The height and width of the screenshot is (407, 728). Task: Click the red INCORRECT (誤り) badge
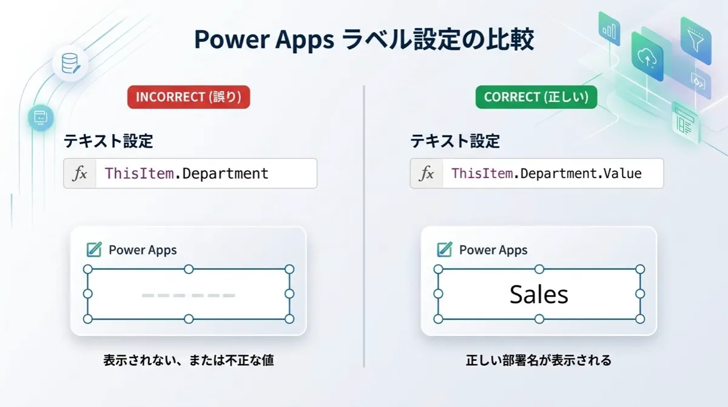click(x=189, y=97)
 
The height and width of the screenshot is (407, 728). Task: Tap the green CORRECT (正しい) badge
click(x=536, y=97)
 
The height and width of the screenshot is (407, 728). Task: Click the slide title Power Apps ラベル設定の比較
click(x=364, y=39)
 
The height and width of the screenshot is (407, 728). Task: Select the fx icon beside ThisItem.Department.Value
click(x=426, y=173)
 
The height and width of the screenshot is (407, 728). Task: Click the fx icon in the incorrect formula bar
click(x=80, y=173)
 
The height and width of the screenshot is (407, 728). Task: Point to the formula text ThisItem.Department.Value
click(x=547, y=173)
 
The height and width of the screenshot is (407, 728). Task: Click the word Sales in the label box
click(x=539, y=295)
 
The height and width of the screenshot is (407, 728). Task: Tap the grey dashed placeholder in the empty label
click(x=189, y=295)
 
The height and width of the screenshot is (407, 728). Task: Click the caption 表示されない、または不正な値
click(x=189, y=360)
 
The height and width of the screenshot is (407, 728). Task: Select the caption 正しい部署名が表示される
click(x=539, y=360)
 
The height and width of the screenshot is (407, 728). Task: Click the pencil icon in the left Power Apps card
click(x=94, y=250)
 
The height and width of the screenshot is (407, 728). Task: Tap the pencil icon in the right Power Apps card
click(x=445, y=250)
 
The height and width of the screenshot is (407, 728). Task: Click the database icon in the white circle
click(x=70, y=63)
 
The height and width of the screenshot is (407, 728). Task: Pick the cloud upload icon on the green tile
click(x=647, y=58)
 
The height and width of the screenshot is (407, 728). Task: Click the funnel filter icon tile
click(x=696, y=41)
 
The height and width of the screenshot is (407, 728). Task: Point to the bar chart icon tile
click(x=609, y=29)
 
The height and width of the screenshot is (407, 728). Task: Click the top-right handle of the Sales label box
click(x=640, y=269)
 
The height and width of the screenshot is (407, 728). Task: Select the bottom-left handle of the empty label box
click(x=88, y=319)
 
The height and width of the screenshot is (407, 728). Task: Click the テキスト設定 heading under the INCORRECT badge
click(x=108, y=141)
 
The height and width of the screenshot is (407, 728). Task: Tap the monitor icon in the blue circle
click(x=41, y=117)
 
